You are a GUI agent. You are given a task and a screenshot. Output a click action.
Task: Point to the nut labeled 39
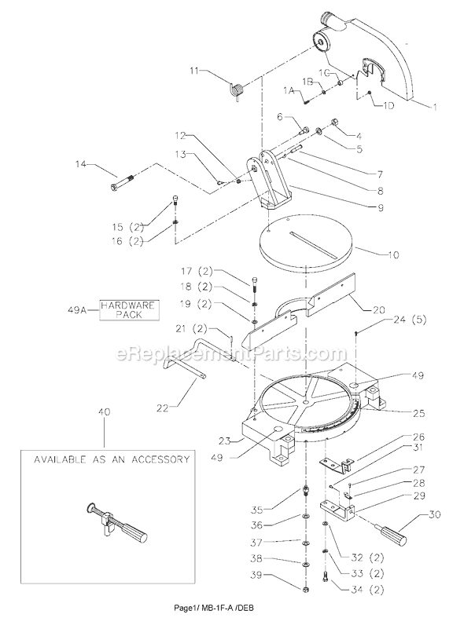click(x=304, y=587)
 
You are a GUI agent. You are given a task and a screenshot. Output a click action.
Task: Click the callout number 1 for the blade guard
click(x=433, y=103)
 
